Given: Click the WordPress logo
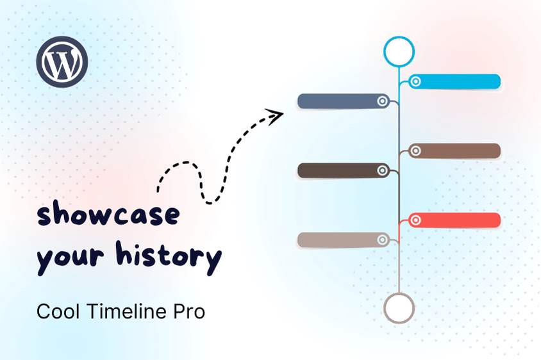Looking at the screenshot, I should pyautogui.click(x=62, y=61).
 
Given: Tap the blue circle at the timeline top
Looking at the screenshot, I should pyautogui.click(x=399, y=52).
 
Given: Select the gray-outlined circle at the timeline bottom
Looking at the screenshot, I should pyautogui.click(x=399, y=307).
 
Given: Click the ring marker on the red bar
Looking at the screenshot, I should pyautogui.click(x=415, y=220).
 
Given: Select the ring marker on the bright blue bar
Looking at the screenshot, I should pyautogui.click(x=415, y=81).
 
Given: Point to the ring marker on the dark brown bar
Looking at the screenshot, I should pyautogui.click(x=383, y=170).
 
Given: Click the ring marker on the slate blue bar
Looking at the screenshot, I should pyautogui.click(x=383, y=101).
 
